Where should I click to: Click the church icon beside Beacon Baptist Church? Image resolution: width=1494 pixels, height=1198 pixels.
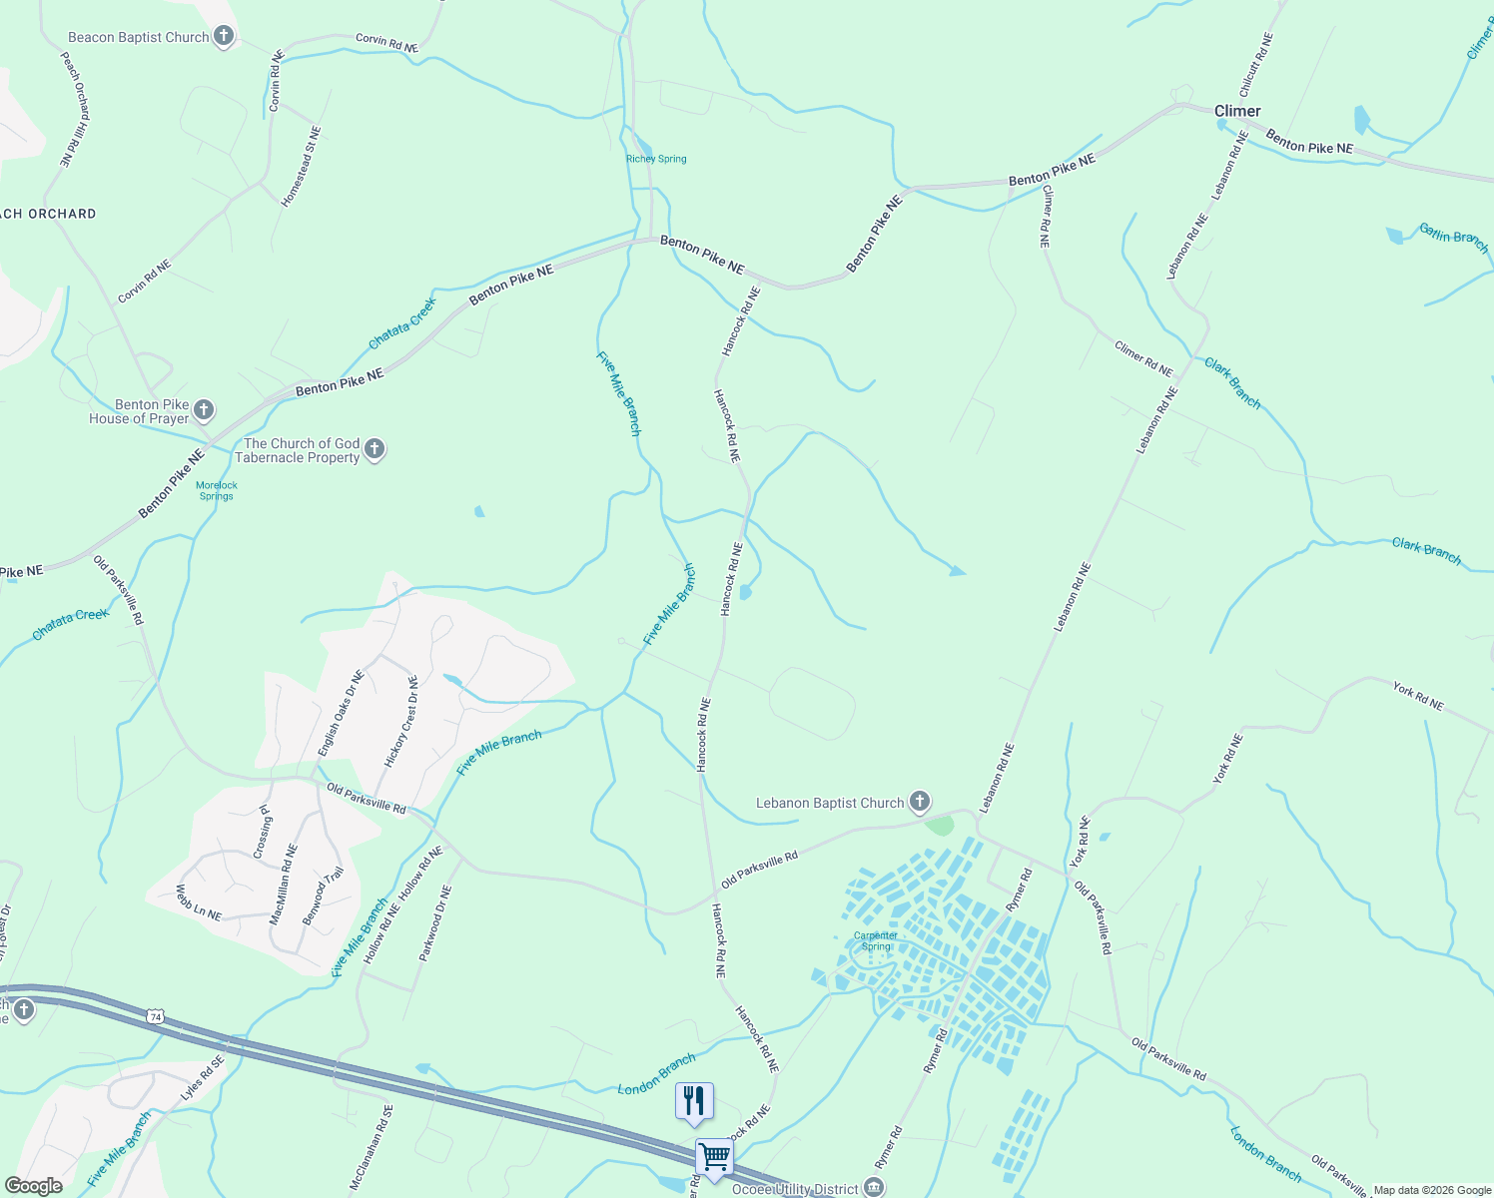coord(224,37)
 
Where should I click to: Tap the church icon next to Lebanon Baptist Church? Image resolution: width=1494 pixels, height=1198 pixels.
coord(920,802)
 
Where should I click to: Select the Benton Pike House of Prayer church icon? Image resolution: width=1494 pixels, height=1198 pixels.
coord(203,410)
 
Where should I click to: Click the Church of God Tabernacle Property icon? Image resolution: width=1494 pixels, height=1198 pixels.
coord(374,449)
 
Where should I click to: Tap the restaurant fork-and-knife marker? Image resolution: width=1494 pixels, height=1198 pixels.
coord(694,1100)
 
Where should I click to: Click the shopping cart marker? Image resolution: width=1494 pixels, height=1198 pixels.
coord(714,1158)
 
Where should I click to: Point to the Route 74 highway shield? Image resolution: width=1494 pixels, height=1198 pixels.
coord(155,1016)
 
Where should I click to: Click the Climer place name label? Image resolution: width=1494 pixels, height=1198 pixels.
coord(1237,111)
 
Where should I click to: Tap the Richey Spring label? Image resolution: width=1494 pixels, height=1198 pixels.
coord(656,159)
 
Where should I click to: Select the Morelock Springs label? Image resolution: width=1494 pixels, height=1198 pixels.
coord(217,490)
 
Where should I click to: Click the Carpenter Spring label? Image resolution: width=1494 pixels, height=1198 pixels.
coord(876,940)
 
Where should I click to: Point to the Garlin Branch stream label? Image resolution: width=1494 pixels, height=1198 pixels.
coord(1453,237)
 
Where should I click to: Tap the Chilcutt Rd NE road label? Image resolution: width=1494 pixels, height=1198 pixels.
coord(1256,65)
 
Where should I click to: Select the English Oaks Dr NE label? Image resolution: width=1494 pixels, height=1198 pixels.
coord(341,713)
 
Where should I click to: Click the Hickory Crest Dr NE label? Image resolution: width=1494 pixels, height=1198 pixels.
coord(401,721)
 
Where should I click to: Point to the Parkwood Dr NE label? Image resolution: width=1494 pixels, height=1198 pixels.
coord(435,923)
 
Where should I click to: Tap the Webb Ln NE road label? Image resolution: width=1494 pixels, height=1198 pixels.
coord(199,902)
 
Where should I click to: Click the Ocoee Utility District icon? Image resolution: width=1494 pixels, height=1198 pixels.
coord(874,1188)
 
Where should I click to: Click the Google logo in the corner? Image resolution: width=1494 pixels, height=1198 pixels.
coord(34,1186)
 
